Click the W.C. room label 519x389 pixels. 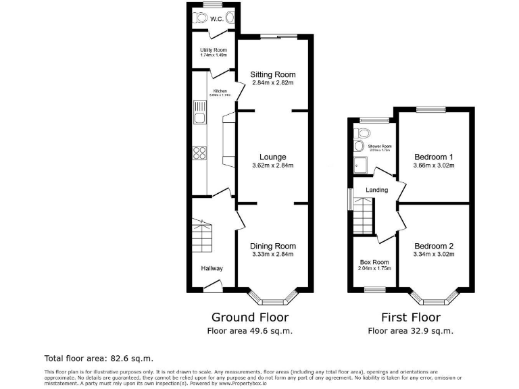217,19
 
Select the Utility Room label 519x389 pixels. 213,51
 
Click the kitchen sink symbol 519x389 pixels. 200,113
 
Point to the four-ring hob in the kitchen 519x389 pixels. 200,153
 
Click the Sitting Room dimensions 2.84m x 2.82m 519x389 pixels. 273,83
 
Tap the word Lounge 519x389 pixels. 273,157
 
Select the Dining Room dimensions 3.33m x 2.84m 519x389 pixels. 273,255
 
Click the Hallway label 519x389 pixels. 212,268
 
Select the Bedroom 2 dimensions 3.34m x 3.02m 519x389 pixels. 433,255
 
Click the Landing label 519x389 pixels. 376,190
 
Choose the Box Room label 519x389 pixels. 374,262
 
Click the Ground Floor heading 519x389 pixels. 250,317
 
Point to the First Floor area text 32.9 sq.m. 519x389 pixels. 410,331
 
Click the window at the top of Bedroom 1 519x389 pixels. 430,109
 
